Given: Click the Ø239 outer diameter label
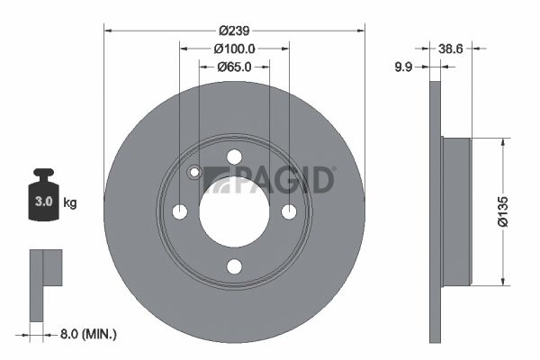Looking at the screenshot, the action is (x=234, y=31).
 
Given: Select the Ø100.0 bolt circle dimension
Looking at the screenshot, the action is (x=235, y=49).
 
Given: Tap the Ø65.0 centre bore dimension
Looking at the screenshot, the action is (x=234, y=67).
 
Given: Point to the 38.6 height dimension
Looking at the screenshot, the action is (x=451, y=49).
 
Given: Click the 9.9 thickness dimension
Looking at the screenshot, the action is (x=403, y=67).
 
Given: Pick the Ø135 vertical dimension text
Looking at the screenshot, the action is (x=503, y=211).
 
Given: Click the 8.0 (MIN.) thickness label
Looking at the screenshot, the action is (x=88, y=334).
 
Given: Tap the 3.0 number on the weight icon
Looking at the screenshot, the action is (x=44, y=202).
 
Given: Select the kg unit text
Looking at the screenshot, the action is (x=70, y=202).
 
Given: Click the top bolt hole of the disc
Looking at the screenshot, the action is (x=235, y=157).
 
